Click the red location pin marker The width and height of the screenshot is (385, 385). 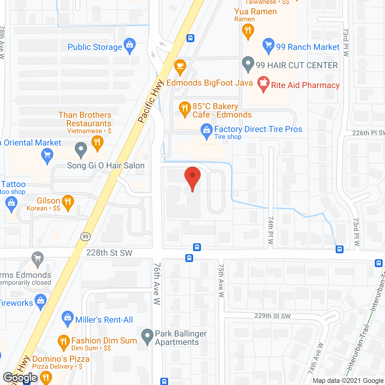tap(192, 177)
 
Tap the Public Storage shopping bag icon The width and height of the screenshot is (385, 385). tap(130, 45)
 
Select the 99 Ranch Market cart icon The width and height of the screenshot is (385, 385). tap(268, 45)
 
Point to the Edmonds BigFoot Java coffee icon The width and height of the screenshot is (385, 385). tap(180, 66)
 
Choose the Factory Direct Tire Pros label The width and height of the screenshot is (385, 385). tap(258, 129)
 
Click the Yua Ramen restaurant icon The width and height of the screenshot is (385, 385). tap(248, 31)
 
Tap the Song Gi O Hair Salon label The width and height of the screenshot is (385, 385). tap(106, 165)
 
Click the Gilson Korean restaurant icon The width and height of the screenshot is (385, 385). tap(68, 202)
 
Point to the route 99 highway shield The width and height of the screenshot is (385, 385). tap(85, 237)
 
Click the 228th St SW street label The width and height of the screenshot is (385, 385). tap(109, 253)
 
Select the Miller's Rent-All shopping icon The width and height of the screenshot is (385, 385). tap(68, 318)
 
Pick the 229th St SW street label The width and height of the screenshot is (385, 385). tap(273, 316)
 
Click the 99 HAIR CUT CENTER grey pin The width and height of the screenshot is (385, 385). tap(248, 64)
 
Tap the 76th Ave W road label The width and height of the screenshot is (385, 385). tap(157, 284)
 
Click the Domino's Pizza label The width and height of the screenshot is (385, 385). tap(61, 359)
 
